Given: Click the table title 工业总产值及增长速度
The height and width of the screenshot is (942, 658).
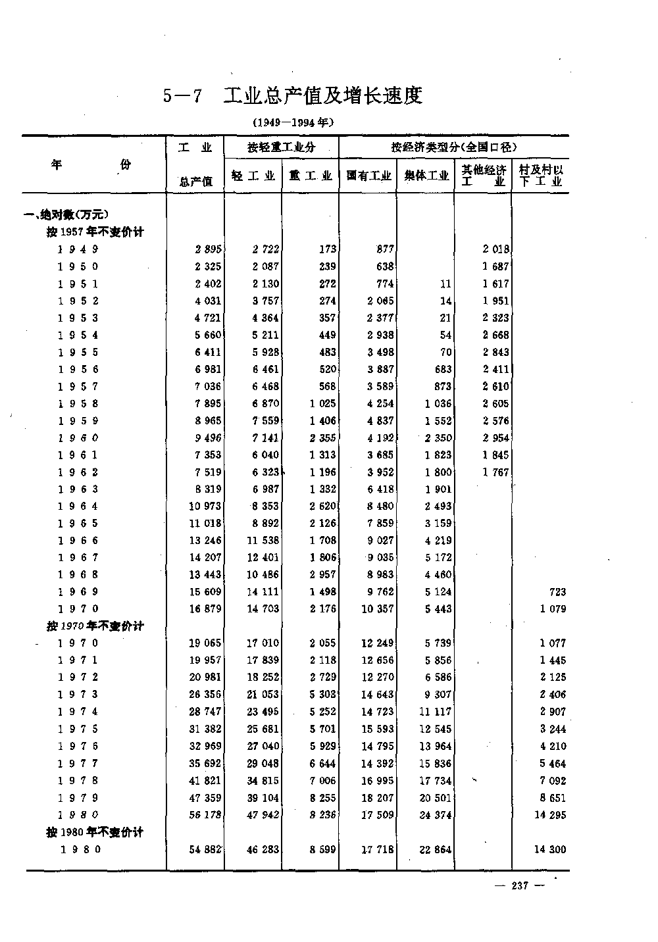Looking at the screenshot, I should pos(322,96).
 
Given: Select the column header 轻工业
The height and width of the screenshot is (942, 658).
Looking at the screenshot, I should pos(253,176).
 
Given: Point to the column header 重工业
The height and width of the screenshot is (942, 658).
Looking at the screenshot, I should pos(310,176).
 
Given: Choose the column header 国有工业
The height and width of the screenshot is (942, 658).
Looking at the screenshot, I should pos(368,176).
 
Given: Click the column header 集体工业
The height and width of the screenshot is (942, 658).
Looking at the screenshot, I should pos(426,176).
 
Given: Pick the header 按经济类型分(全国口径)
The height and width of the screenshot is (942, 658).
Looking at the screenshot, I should pos(454,147).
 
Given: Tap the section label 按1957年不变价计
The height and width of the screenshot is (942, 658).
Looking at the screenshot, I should pos(95,232).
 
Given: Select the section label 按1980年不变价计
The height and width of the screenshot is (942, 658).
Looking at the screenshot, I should pos(95,832).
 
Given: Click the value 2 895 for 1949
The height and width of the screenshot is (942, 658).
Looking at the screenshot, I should pos(209,249).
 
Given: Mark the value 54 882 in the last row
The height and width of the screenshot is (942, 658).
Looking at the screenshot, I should pos(206,850).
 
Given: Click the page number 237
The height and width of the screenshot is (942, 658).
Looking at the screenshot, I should pos(520,886).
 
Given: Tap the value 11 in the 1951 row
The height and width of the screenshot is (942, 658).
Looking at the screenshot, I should pos(445,284).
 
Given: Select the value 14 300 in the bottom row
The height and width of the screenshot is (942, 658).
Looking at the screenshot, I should pos(549,850).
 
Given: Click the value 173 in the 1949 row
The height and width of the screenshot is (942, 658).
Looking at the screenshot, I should pos(327,249).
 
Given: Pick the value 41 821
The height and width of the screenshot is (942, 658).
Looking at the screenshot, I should pos(206,781).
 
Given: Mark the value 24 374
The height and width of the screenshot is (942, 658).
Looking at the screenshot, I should pos(436,815).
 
